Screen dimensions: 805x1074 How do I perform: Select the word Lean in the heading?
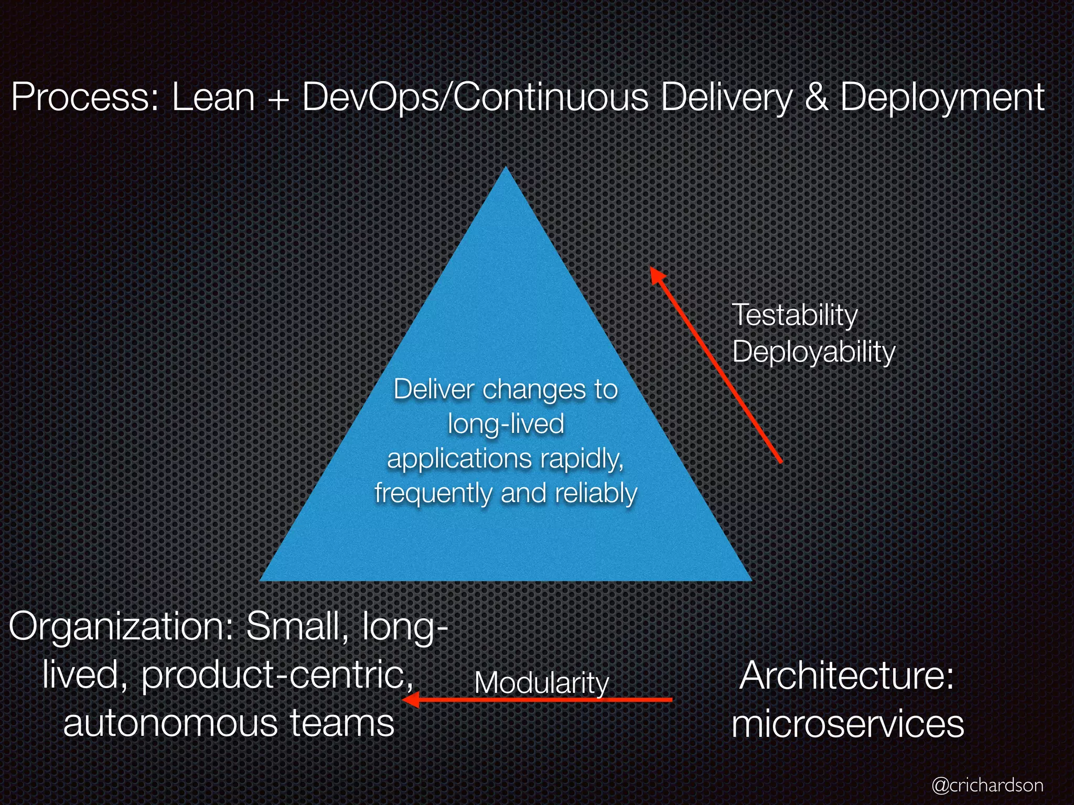(x=213, y=97)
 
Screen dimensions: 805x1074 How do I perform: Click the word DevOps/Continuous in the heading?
(x=475, y=97)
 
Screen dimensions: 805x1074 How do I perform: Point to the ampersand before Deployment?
(x=815, y=97)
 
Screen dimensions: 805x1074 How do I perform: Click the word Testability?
(x=794, y=316)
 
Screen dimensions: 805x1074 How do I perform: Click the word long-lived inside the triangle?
(x=506, y=423)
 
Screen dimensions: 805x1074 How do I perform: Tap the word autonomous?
(x=171, y=723)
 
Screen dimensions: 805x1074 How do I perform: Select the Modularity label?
(x=541, y=683)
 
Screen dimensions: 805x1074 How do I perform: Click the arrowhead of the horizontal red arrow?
(x=410, y=700)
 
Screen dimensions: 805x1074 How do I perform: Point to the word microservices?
(x=847, y=724)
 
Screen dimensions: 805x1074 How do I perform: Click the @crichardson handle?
(x=987, y=785)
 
